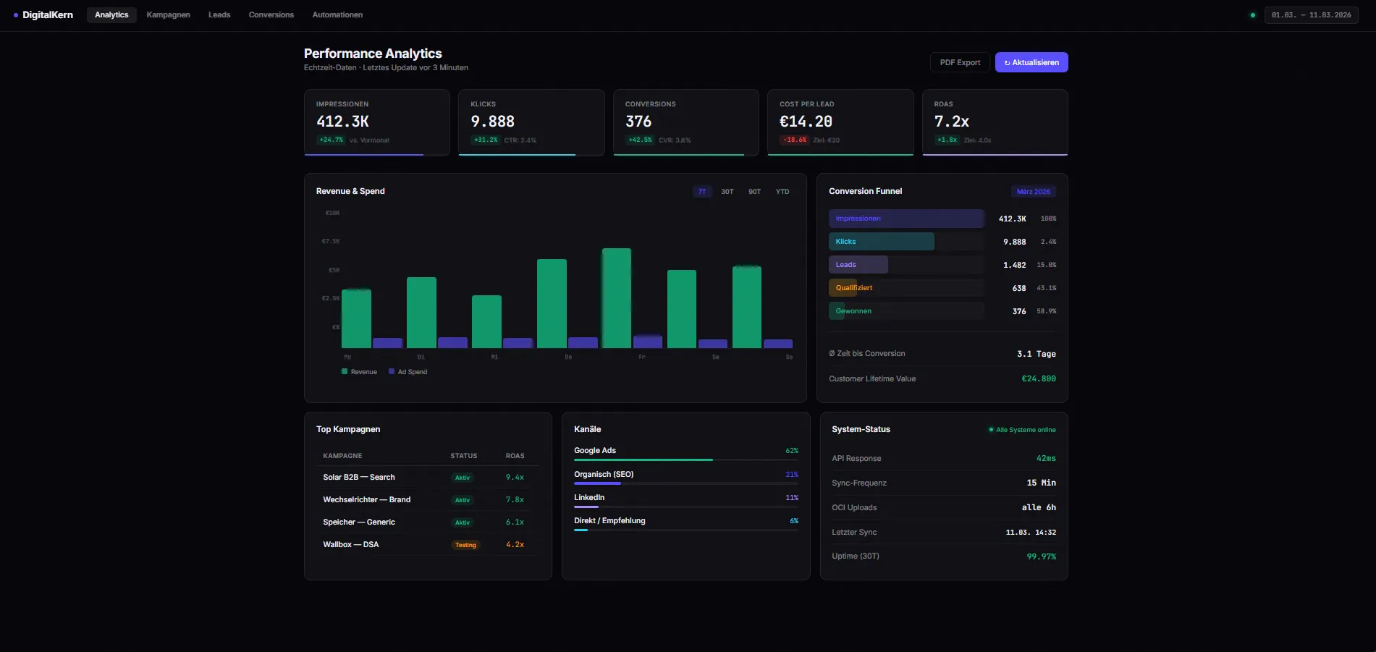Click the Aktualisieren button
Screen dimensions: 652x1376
pos(1031,62)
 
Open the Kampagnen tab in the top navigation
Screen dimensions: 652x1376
pos(168,14)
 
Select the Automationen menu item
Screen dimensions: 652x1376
pos(337,14)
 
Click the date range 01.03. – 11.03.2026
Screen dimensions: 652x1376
pos(1311,14)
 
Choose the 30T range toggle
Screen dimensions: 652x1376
pos(727,192)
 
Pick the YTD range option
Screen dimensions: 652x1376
pos(782,192)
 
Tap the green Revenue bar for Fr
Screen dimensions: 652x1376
pos(616,298)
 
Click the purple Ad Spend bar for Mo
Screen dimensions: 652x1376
pos(387,343)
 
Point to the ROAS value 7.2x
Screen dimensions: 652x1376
pos(951,122)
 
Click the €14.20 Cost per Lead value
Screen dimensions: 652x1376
pos(806,122)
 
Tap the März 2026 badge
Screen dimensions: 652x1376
pos(1033,192)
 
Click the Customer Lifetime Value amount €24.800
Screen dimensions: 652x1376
pos(1038,378)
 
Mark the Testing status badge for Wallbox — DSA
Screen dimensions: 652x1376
pos(465,545)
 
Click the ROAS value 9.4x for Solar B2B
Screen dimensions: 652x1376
pos(515,478)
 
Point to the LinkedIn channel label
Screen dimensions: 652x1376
pos(589,498)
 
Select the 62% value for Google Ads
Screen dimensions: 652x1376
pos(792,451)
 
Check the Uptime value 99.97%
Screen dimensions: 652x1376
pos(1041,556)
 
